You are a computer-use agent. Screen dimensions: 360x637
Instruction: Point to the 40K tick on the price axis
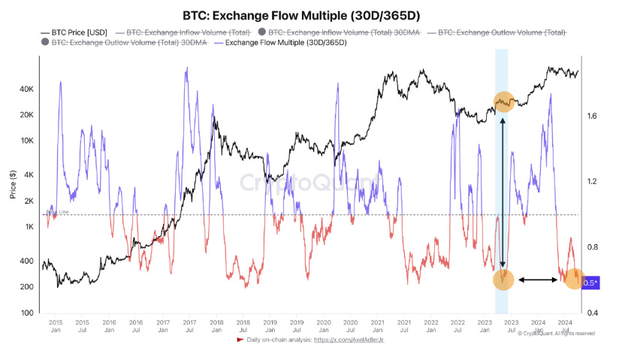pyautogui.click(x=27, y=89)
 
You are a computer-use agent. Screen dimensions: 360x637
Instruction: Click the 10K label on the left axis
pyautogui.click(x=27, y=141)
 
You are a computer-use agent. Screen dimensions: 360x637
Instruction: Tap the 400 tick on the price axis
pyautogui.click(x=27, y=261)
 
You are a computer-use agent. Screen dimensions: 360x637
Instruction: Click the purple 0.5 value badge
pyautogui.click(x=590, y=283)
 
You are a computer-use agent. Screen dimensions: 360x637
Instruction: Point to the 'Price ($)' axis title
pyautogui.click(x=12, y=183)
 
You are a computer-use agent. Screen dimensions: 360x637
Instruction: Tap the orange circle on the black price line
pyautogui.click(x=503, y=101)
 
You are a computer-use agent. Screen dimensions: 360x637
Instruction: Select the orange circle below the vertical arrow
pyautogui.click(x=503, y=280)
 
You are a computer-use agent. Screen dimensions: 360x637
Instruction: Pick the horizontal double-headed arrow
pyautogui.click(x=537, y=280)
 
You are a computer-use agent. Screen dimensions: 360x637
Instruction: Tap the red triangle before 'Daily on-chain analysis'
pyautogui.click(x=240, y=340)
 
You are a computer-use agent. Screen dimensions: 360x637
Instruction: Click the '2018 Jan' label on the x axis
pyautogui.click(x=216, y=325)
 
